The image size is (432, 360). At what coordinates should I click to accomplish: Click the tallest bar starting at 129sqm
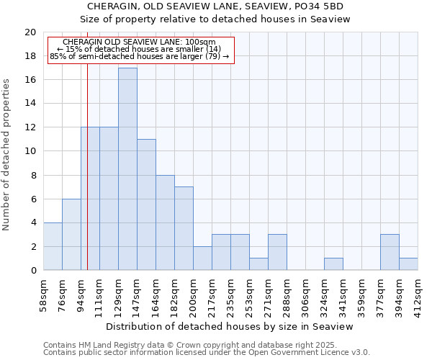point(127,169)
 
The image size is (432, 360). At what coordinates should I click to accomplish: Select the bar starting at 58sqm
point(53,246)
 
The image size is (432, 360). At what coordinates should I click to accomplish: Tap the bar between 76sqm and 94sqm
point(71,235)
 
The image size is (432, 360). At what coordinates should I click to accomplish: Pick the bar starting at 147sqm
point(146,204)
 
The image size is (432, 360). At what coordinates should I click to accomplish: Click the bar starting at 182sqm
point(184,228)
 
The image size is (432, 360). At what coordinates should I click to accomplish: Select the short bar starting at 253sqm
point(258,264)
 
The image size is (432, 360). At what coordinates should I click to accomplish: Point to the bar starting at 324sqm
point(333,264)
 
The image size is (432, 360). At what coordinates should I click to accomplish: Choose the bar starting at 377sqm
point(390,252)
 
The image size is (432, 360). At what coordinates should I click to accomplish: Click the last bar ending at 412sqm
point(408,264)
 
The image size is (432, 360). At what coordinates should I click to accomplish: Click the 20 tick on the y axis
point(30,32)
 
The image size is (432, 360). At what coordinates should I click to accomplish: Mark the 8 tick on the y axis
point(32,175)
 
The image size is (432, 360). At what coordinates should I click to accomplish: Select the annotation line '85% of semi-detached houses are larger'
point(140,56)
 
